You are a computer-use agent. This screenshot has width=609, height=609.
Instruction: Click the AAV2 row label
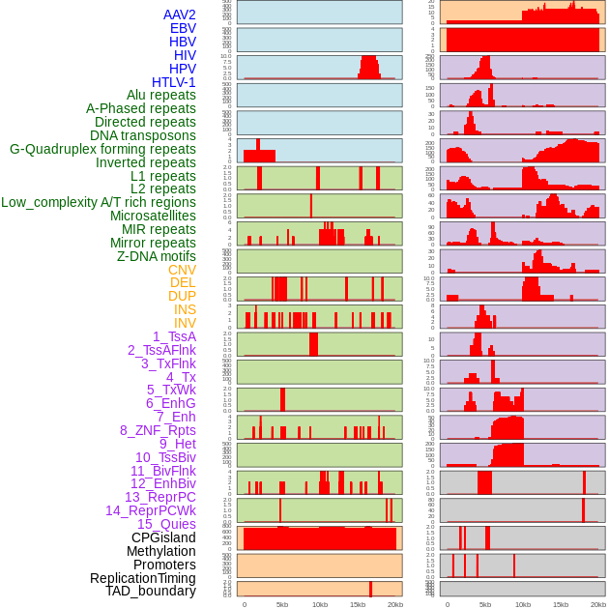click(x=179, y=14)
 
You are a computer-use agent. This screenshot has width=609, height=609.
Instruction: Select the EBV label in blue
click(x=183, y=28)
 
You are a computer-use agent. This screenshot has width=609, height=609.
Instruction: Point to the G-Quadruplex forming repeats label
click(x=102, y=149)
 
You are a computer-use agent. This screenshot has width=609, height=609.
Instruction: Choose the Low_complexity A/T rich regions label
click(x=99, y=202)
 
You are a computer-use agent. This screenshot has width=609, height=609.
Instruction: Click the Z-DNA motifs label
click(x=156, y=256)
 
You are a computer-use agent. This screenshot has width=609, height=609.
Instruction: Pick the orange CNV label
click(x=182, y=270)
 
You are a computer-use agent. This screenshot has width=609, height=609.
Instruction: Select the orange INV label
click(x=185, y=323)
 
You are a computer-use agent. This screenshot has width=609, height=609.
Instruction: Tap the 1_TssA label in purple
click(x=174, y=336)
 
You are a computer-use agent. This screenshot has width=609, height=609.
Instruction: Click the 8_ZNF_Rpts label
click(x=158, y=430)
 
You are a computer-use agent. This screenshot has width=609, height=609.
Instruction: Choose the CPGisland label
click(x=163, y=537)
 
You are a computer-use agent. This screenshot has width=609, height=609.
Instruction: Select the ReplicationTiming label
click(x=142, y=578)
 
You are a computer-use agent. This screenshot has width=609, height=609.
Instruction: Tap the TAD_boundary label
click(x=151, y=591)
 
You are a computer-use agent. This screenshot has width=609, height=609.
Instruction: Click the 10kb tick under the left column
click(x=319, y=604)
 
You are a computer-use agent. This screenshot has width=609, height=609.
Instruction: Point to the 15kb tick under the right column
click(x=561, y=604)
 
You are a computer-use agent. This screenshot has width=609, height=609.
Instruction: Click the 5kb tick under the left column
click(x=282, y=604)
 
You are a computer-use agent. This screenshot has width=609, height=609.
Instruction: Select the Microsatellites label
click(x=153, y=216)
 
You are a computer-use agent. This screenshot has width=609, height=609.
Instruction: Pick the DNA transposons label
click(x=143, y=135)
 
